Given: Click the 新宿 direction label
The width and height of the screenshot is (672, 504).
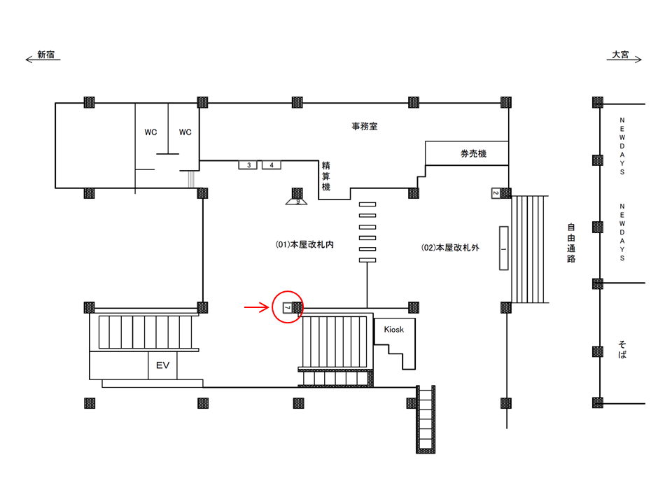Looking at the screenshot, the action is tap(46, 55).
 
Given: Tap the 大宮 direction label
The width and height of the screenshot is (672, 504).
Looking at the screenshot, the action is tap(620, 55).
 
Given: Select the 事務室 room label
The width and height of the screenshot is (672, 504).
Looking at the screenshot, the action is tap(365, 127).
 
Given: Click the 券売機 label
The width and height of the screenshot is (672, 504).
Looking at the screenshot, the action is tap(474, 153).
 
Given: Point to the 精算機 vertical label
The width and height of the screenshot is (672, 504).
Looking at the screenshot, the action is tap(326, 176).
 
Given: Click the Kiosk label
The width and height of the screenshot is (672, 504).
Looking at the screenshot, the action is tap(394, 329).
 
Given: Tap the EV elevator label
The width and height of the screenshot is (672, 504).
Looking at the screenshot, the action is tap(162, 365).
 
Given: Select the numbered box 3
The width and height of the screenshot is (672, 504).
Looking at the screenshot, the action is tap(248, 165).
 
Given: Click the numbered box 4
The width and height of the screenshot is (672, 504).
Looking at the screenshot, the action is tap(272, 165).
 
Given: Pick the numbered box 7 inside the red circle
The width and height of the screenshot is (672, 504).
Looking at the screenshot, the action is tap(288, 307).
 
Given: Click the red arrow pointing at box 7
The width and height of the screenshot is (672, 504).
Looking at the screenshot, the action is tap(257, 307).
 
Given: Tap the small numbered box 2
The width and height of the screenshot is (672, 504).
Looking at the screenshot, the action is tap(496, 193).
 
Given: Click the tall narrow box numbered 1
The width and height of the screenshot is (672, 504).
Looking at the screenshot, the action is tap(503, 248).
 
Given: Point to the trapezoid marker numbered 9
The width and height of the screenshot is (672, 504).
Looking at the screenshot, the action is tap(297, 202).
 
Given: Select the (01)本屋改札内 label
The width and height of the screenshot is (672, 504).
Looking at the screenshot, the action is tap(304, 244).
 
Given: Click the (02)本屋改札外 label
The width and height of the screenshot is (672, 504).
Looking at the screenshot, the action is tap(450, 247).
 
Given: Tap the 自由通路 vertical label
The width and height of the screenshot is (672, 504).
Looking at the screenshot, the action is tap(571, 243).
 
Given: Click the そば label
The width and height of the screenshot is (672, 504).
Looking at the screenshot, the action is tap(622, 349).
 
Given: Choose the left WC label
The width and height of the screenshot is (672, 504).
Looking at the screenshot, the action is tap(150, 132).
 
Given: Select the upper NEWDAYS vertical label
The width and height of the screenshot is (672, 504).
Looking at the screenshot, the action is tap(622, 146).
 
